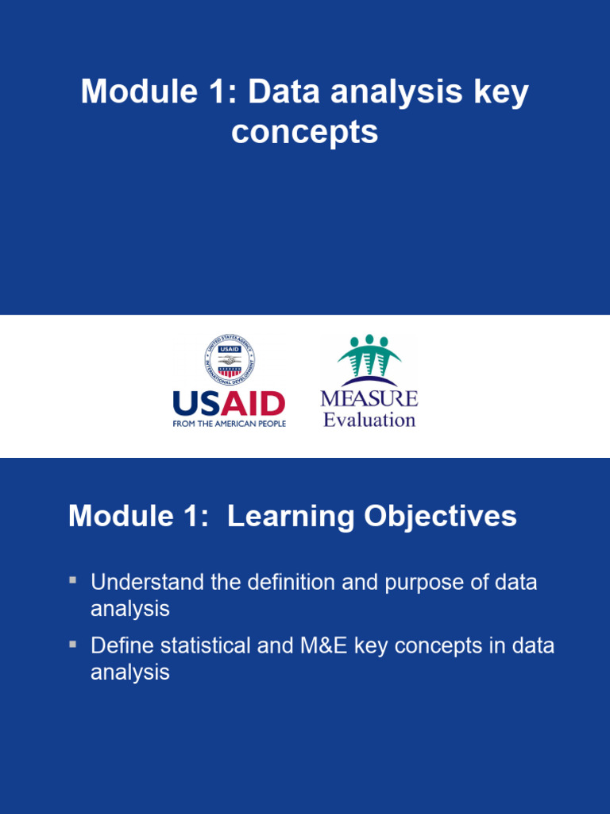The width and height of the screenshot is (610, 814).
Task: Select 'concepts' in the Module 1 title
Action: coord(305,133)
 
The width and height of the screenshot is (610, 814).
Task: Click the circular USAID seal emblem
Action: coord(230,360)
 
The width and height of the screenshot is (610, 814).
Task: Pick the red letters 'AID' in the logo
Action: coord(253,404)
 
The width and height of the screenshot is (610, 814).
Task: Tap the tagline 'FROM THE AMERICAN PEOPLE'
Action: coord(230,424)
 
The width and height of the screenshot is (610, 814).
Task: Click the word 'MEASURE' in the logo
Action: coord(369,398)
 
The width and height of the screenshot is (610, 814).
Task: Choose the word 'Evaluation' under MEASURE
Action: coord(369,420)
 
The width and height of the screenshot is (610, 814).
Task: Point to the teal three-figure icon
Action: coord(369,356)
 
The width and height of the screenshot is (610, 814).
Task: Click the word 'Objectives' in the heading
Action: coord(440,517)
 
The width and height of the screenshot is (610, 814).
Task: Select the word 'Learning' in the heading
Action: coord(291,517)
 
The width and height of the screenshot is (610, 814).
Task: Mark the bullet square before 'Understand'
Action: coord(72,579)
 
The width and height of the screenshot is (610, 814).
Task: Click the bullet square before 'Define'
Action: coord(72,644)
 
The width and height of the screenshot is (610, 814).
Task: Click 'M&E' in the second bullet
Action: coord(324,645)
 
